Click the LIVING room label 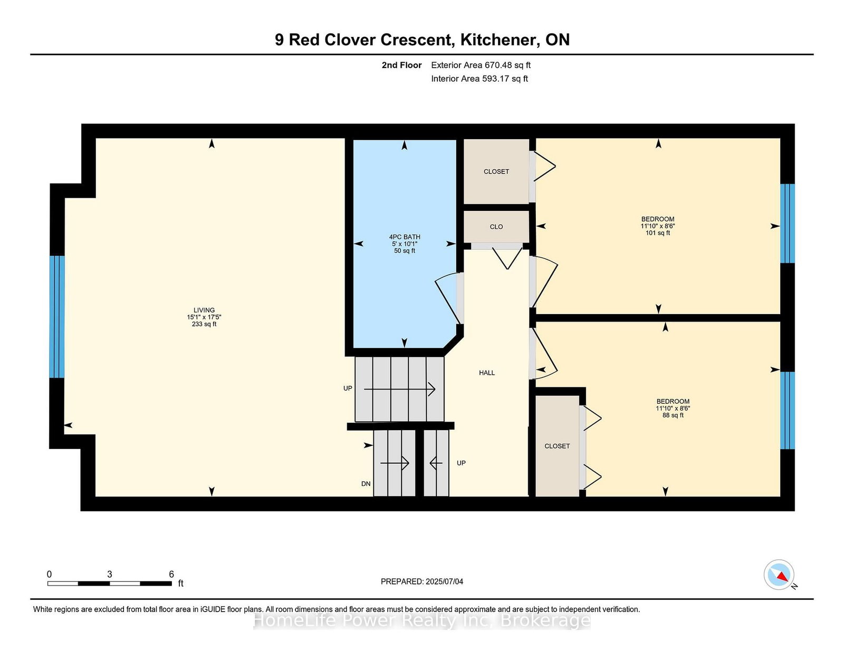[x=204, y=310]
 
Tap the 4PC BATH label [x=404, y=237]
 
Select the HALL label [x=487, y=373]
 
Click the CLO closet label [x=496, y=227]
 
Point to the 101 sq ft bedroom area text [x=658, y=233]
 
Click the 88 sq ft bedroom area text [x=673, y=415]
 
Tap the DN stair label [x=366, y=483]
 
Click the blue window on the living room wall [x=57, y=316]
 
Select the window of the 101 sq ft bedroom [x=788, y=223]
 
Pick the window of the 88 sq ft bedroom [x=788, y=410]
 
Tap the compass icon [x=779, y=575]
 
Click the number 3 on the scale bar [x=110, y=574]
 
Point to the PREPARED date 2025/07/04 [x=444, y=581]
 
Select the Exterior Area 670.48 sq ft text [x=481, y=65]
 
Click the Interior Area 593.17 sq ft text [x=479, y=79]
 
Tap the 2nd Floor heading [x=401, y=65]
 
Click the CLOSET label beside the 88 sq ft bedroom [x=557, y=446]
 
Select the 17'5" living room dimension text [x=214, y=317]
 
